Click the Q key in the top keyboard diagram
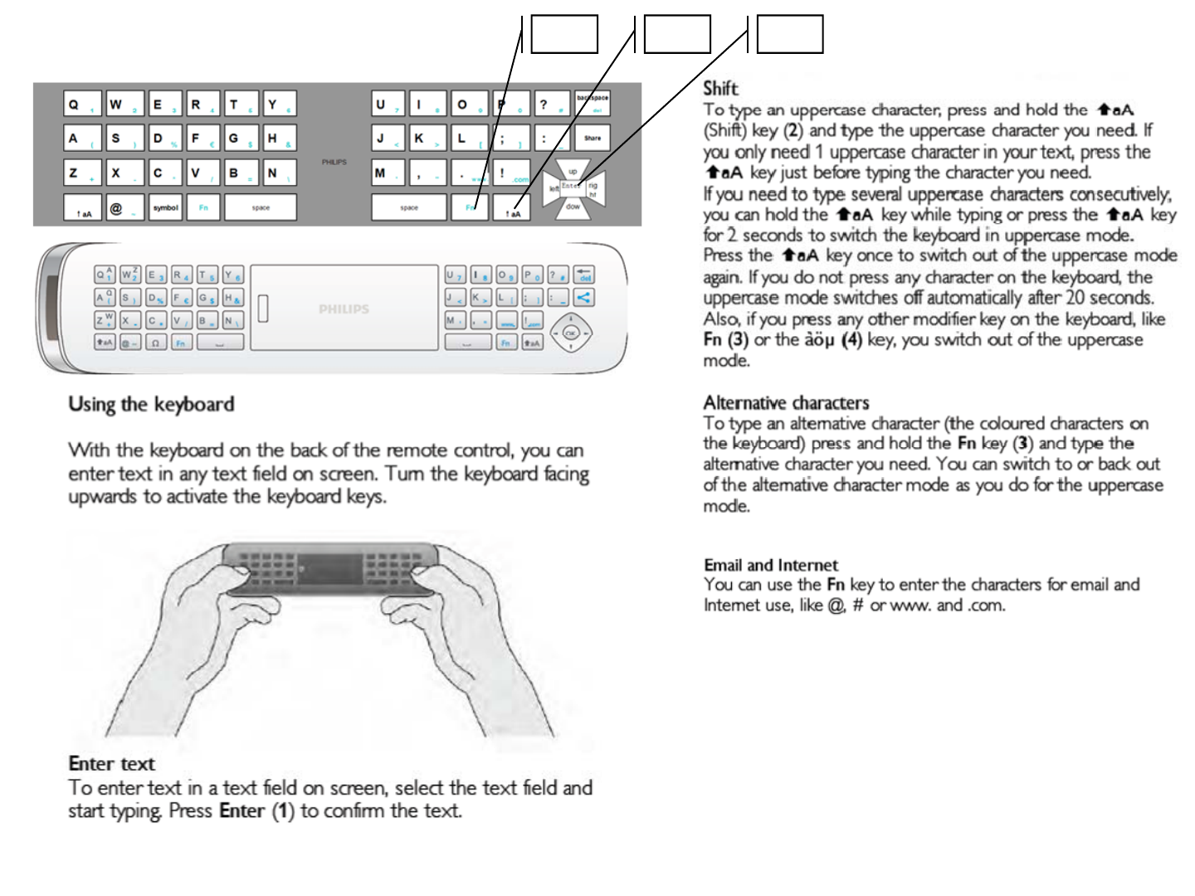(82, 105)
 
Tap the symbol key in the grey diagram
(165, 207)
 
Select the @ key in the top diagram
(124, 207)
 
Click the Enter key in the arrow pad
(572, 187)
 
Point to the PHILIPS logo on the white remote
(344, 309)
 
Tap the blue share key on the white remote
(583, 297)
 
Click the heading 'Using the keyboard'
(151, 405)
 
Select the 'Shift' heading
(720, 88)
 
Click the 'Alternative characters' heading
(786, 403)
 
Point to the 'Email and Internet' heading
(771, 566)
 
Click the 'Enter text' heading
(111, 764)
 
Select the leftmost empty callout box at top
(564, 35)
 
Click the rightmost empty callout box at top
(790, 35)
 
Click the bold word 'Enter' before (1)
(241, 811)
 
